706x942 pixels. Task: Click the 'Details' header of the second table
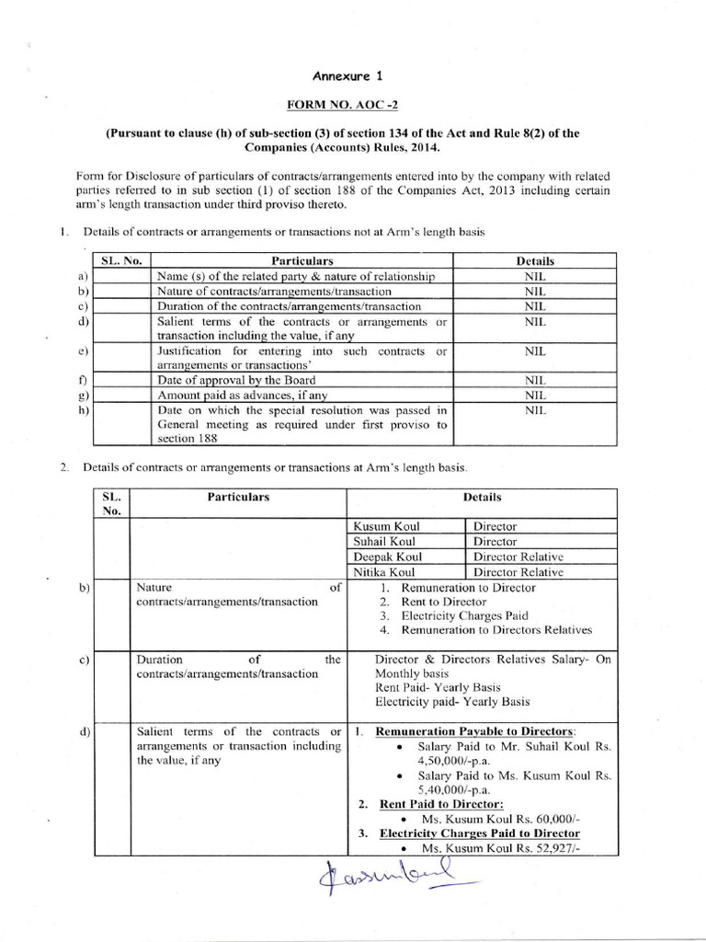[482, 498]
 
